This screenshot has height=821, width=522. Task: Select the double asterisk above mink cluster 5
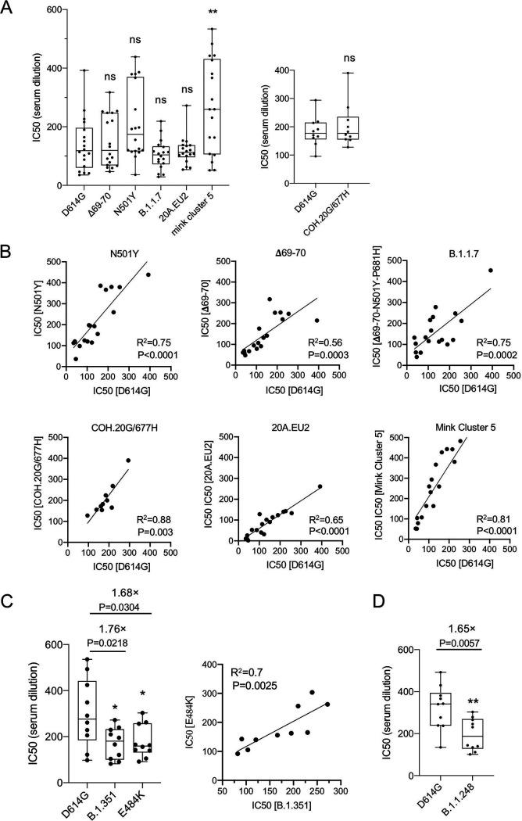[209, 14]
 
